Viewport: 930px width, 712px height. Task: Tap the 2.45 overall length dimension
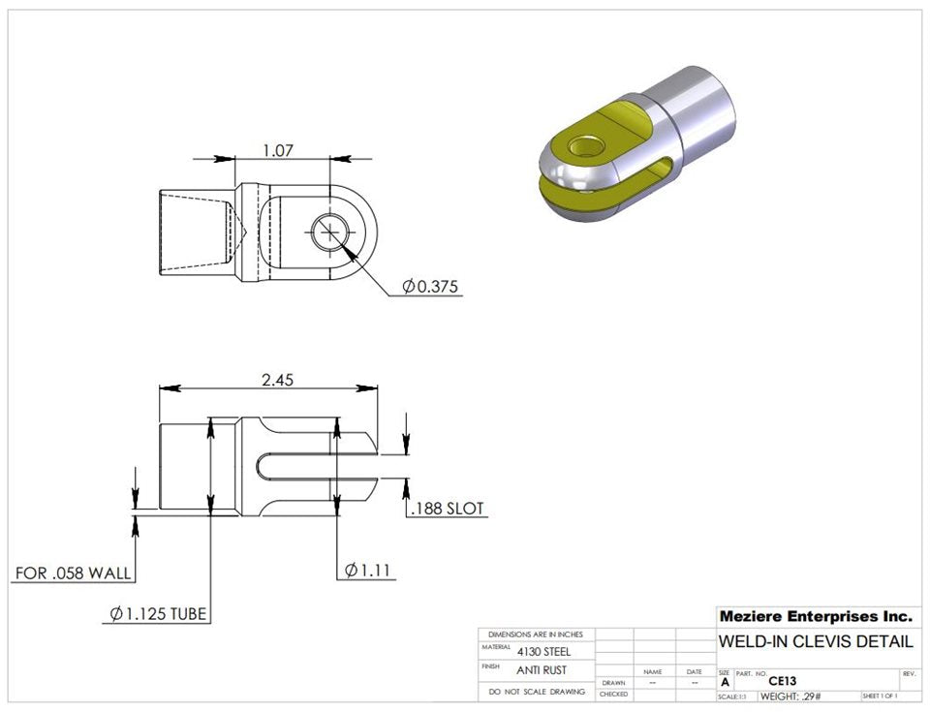pos(277,380)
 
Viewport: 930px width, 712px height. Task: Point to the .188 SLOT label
pos(447,509)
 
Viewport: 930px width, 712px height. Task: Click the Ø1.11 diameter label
pos(368,571)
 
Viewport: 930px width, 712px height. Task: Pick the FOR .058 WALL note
pos(73,573)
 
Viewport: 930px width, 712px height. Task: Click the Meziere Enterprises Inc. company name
pos(815,616)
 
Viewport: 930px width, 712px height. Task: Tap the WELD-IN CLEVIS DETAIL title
pos(815,641)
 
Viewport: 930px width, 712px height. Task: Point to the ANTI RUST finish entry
pos(542,670)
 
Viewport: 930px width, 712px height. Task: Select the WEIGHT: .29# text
pos(792,697)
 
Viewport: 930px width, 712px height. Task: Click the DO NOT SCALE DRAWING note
pos(537,692)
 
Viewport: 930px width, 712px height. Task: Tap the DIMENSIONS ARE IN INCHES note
pos(536,634)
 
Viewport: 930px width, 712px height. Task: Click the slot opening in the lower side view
pos(310,465)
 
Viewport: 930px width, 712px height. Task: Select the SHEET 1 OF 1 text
pos(879,697)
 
